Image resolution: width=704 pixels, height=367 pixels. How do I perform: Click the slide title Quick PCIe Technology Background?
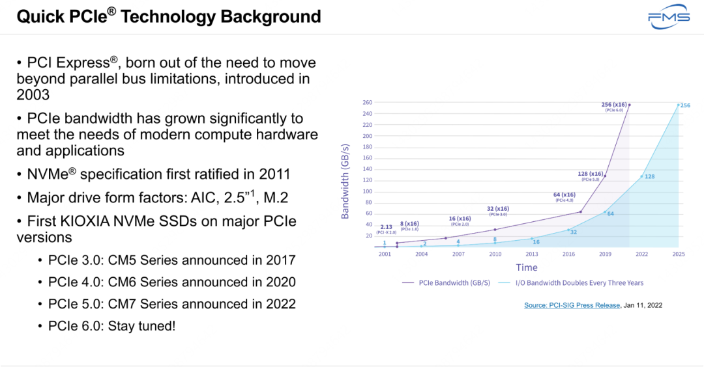[169, 16]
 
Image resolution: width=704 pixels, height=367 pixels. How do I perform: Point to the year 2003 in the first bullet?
[33, 95]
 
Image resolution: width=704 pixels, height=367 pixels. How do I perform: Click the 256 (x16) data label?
[614, 104]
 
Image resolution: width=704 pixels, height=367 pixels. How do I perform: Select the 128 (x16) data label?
[591, 174]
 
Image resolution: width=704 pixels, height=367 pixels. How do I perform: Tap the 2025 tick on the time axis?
[679, 254]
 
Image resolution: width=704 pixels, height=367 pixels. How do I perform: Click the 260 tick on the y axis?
[367, 103]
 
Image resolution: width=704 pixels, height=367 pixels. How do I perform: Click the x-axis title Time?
[527, 267]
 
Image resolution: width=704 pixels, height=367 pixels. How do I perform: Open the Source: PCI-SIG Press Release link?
[572, 305]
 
